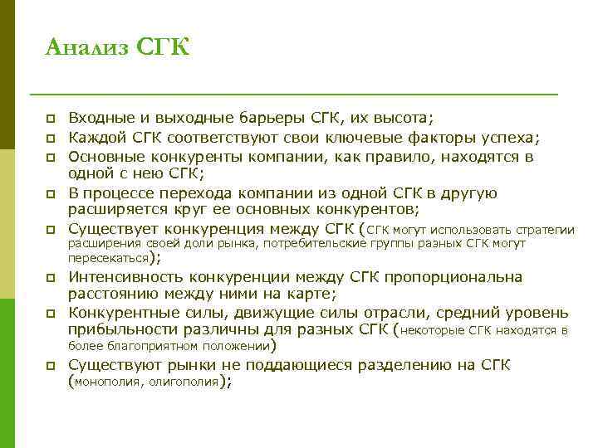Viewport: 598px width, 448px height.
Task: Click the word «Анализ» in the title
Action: [x=85, y=47]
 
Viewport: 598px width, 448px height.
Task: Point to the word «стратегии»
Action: [x=544, y=230]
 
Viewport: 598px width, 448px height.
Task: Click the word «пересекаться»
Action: [x=107, y=259]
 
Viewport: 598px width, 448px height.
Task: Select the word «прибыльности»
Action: [x=120, y=330]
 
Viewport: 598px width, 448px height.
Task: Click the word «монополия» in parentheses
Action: [x=106, y=382]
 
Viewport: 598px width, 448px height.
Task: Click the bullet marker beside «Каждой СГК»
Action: [x=52, y=139]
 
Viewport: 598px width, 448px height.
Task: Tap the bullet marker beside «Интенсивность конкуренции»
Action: [x=52, y=278]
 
